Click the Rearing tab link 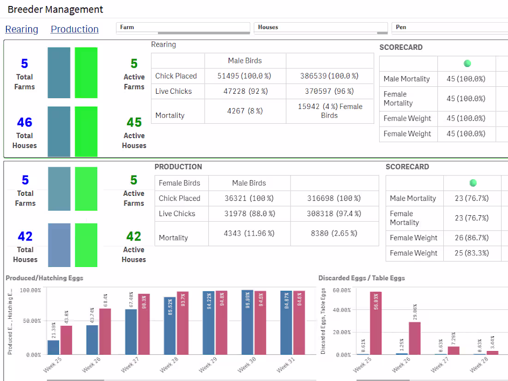point(22,29)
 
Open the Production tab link point(74,29)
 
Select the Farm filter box point(182,28)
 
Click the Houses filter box point(321,28)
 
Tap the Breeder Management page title point(55,9)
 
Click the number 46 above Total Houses point(24,122)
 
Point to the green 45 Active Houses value point(134,122)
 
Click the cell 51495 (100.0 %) point(245,76)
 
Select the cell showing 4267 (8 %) point(245,111)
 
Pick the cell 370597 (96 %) point(329,91)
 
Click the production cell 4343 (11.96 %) point(249,233)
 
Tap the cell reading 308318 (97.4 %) point(334,213)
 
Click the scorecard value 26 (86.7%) point(471,238)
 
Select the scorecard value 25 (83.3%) point(471,253)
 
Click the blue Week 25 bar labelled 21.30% point(53,347)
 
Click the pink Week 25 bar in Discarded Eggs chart point(375,323)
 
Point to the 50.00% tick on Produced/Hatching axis point(30,321)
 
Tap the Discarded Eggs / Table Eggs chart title point(362,278)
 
